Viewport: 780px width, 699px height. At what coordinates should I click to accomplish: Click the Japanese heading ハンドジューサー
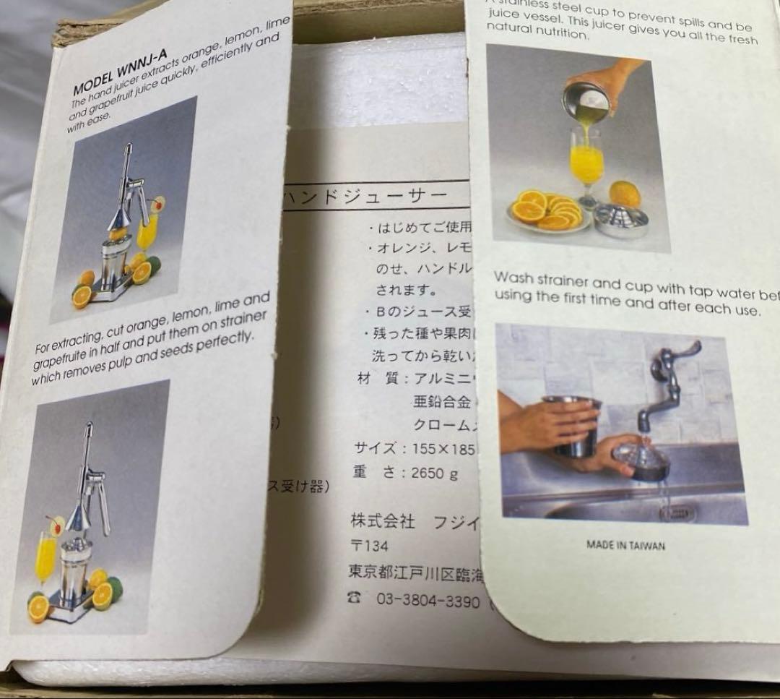point(365,196)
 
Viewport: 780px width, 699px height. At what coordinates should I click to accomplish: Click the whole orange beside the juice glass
point(625,194)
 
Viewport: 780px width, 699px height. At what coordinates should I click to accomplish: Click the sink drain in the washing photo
point(676,512)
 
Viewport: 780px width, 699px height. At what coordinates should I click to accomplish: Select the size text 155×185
point(438,448)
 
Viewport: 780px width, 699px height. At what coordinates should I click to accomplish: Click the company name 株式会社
point(382,521)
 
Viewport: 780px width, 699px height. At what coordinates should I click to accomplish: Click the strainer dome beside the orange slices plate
point(620,220)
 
